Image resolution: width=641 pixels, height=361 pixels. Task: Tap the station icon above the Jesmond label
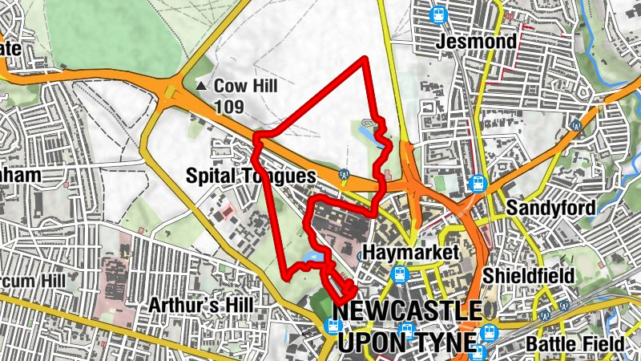437,14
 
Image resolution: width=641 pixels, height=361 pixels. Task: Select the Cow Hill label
245,85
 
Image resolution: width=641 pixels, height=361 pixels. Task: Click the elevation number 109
229,106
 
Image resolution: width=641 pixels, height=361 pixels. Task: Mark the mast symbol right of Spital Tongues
345,173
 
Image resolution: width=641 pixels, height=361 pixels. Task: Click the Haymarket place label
409,252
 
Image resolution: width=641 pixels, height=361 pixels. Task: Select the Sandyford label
551,209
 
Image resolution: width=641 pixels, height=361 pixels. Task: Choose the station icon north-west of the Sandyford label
478,183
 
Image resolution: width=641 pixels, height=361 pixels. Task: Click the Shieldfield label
529,276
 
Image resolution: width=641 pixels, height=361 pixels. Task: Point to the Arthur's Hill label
201,306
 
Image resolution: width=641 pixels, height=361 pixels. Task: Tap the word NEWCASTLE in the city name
407,311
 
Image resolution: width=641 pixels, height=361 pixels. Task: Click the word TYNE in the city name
443,343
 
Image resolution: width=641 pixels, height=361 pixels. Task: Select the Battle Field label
575,345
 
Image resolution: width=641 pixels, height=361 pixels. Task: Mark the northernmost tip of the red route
365,59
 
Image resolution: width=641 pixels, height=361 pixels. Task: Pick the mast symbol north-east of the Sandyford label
575,126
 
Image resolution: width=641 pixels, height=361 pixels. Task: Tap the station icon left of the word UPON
333,326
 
